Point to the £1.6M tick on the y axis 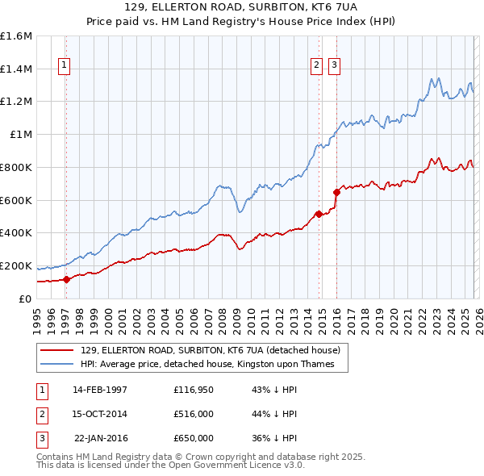[x=16, y=36]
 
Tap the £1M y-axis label [x=21, y=135]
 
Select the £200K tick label [x=16, y=265]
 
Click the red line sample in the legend [x=58, y=351]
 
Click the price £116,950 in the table [x=193, y=390]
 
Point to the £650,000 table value [x=193, y=438]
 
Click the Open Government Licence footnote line [x=170, y=466]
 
